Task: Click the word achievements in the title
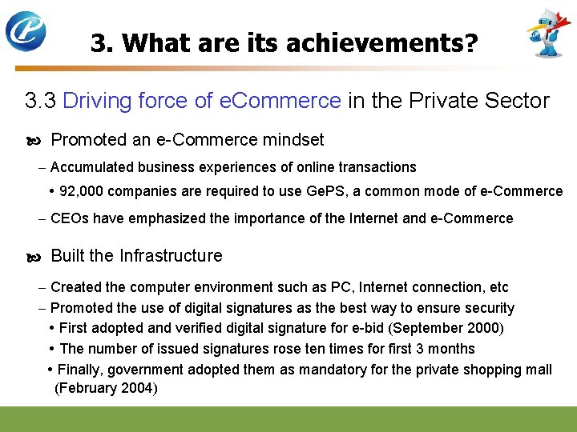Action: pos(379,42)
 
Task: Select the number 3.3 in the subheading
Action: pos(40,101)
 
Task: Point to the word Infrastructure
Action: pos(171,256)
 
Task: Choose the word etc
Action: pos(498,287)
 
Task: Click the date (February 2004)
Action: pos(106,389)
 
